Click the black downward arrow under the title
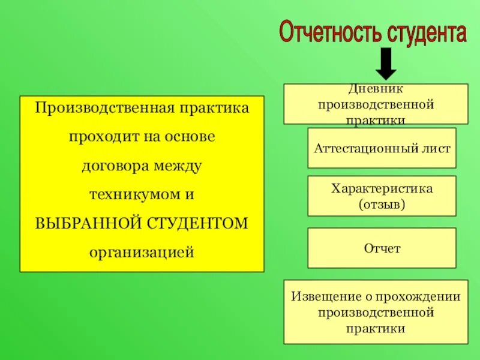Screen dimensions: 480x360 tap(386, 64)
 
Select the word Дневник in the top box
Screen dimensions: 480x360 tap(376, 89)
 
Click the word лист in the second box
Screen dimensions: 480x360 tap(435, 148)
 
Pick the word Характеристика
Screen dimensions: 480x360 tap(382, 188)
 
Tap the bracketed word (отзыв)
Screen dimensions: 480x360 tap(382, 204)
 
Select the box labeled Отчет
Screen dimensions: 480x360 tap(382, 248)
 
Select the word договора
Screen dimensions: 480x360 tap(112, 166)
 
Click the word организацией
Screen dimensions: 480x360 tap(142, 251)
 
